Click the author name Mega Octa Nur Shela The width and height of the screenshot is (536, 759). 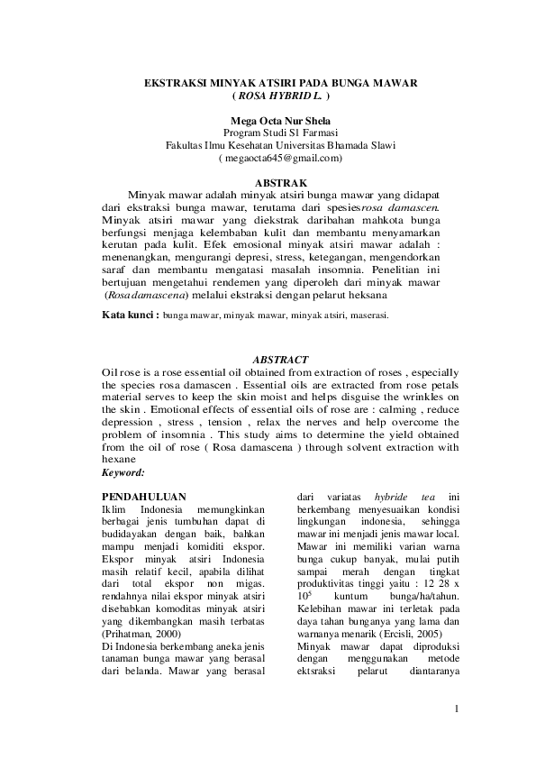pyautogui.click(x=280, y=121)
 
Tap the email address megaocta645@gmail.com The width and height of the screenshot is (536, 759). pyautogui.click(x=281, y=159)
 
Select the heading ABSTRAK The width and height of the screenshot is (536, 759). pyautogui.click(x=281, y=183)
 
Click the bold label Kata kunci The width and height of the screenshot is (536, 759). pyautogui.click(x=130, y=316)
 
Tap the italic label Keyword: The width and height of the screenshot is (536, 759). pyautogui.click(x=123, y=471)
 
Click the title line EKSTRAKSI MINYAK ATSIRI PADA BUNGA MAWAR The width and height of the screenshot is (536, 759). pyautogui.click(x=281, y=83)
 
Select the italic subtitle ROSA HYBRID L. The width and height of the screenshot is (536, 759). pyautogui.click(x=281, y=96)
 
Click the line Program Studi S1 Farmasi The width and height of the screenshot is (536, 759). pyautogui.click(x=281, y=133)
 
